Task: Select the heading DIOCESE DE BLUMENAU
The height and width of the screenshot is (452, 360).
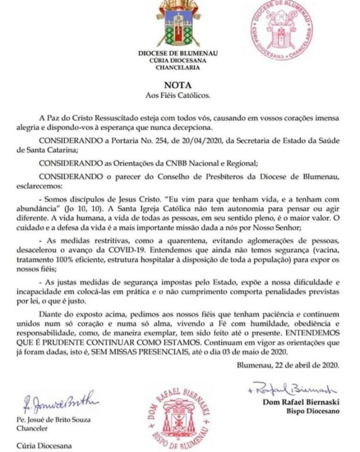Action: (178, 53)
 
